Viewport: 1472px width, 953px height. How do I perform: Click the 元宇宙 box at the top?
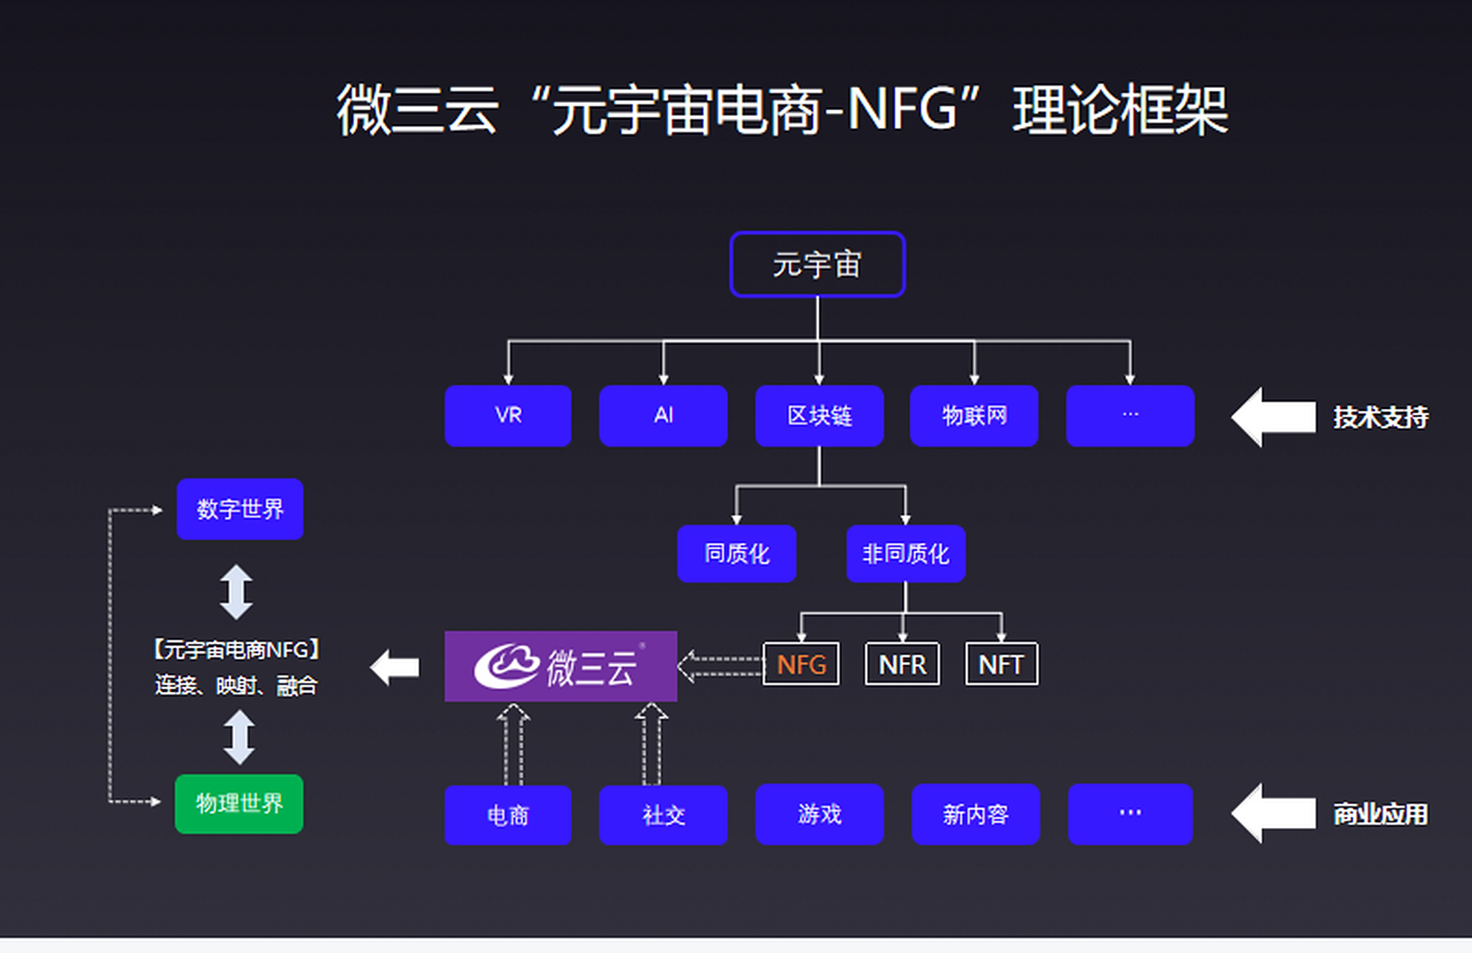click(817, 264)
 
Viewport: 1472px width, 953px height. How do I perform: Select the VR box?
click(508, 415)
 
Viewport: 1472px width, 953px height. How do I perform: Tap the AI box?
click(663, 415)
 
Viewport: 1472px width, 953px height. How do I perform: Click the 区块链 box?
click(819, 415)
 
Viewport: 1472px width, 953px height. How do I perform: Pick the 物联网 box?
click(974, 415)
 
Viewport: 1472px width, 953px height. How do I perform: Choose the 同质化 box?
click(737, 553)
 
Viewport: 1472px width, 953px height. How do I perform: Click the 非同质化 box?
click(906, 553)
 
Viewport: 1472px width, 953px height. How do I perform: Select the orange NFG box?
click(801, 664)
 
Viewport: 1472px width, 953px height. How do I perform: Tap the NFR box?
click(902, 664)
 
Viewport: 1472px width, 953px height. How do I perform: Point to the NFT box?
click(1001, 664)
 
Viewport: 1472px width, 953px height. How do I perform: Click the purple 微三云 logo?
click(560, 666)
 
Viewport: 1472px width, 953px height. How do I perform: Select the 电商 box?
click(508, 815)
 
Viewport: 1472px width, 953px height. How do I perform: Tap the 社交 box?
click(663, 815)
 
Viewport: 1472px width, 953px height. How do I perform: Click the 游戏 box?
click(819, 814)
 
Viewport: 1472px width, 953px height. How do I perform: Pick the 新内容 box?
click(976, 814)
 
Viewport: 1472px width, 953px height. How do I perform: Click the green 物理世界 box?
click(239, 803)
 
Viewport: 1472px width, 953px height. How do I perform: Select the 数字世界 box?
click(240, 509)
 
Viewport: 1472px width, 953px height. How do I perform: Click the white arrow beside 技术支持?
click(1273, 416)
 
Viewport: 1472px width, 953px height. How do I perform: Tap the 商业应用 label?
click(1380, 814)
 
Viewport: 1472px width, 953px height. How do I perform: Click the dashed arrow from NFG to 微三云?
click(720, 666)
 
